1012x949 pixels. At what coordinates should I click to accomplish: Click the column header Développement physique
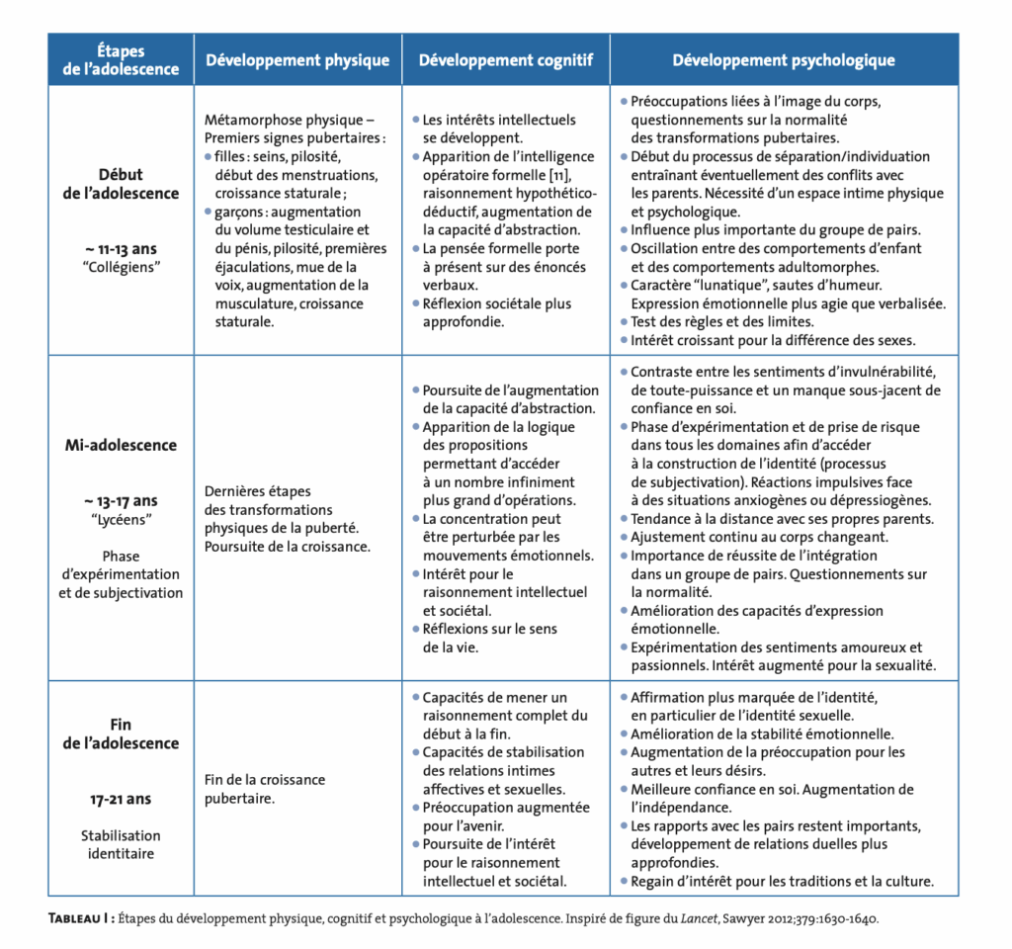(297, 60)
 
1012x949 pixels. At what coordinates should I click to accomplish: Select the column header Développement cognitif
(506, 60)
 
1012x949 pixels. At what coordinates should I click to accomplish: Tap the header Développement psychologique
(784, 60)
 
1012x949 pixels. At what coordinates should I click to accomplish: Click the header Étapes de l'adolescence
(121, 60)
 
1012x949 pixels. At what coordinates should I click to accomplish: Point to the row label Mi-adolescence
(121, 445)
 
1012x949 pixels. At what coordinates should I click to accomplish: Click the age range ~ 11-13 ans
(121, 250)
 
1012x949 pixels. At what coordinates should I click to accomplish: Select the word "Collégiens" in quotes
(121, 268)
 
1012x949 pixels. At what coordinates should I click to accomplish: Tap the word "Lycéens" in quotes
(121, 519)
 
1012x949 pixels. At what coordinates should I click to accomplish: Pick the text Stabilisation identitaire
(121, 844)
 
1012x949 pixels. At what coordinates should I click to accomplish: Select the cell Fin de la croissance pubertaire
(264, 789)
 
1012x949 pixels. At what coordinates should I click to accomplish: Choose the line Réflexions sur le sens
(490, 629)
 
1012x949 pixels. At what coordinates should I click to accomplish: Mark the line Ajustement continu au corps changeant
(759, 537)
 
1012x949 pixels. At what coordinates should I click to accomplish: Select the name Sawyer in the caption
(740, 918)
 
